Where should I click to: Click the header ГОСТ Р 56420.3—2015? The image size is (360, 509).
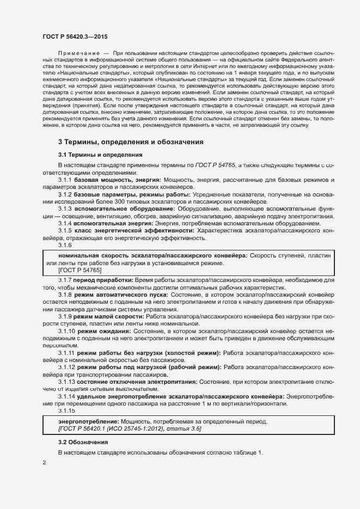pos(75,36)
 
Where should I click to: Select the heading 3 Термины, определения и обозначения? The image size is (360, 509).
pos(131,142)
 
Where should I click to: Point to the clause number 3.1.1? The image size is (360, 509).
pos(65,180)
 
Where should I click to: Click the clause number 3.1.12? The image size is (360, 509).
pos(67,367)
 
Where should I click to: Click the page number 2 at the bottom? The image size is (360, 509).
pos(44,463)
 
